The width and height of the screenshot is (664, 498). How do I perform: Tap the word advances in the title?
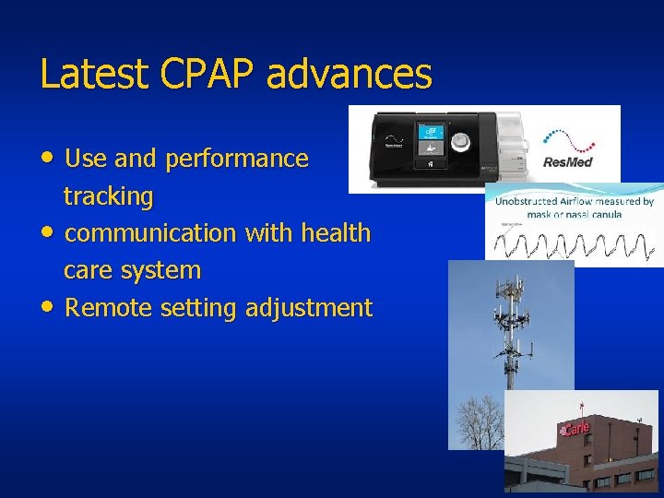coord(349,75)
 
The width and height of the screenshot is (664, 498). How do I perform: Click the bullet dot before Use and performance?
coord(48,158)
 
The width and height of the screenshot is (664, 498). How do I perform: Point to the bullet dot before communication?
coord(48,232)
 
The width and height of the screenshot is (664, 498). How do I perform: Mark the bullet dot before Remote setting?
coord(48,307)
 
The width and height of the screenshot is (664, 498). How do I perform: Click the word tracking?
coord(108,196)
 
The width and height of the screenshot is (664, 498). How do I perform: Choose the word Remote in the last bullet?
coord(109,307)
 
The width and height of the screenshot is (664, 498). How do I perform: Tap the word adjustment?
coord(309,307)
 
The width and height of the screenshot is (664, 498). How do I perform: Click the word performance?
coord(236,159)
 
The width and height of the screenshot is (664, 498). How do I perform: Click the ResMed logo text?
coord(568,162)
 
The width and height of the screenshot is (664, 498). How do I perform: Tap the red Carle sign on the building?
coord(574,429)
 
